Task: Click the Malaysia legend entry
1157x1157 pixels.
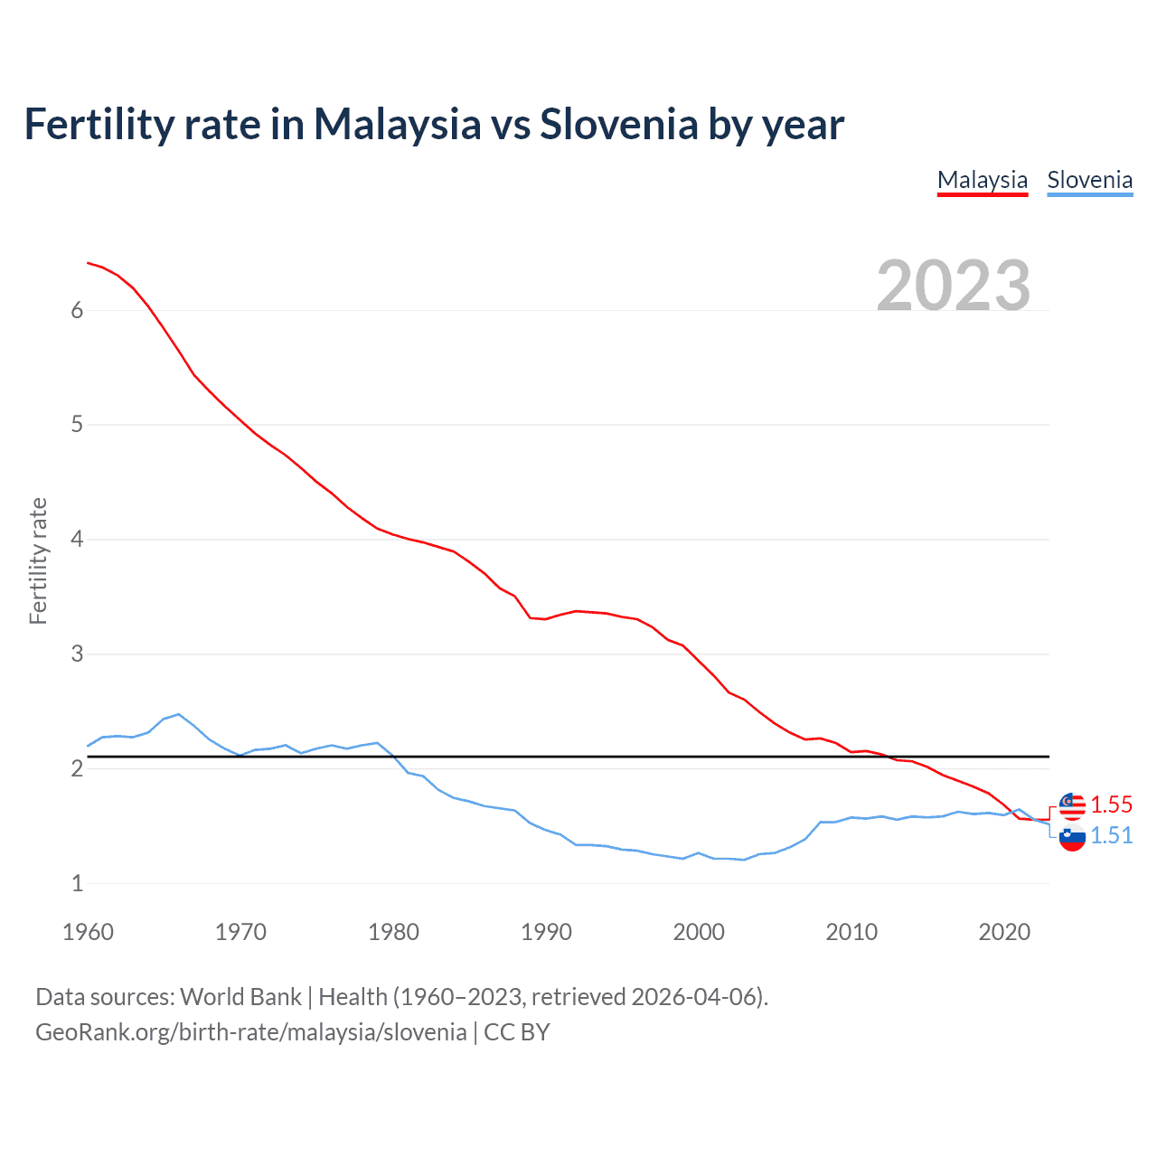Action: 983,180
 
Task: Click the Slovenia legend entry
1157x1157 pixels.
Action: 1089,180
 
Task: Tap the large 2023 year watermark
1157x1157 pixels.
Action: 954,286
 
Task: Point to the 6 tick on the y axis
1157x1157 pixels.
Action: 77,311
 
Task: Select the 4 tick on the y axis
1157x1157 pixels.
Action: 77,540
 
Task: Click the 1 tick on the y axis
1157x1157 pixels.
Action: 77,883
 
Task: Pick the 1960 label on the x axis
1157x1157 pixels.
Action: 88,932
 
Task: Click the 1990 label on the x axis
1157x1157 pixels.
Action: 546,932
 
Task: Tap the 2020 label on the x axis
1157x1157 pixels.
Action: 1004,932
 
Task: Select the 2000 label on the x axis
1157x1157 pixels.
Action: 699,932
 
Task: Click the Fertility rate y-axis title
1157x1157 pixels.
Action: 38,560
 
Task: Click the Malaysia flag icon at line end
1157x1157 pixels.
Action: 1072,805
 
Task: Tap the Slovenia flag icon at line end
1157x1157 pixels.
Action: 1072,837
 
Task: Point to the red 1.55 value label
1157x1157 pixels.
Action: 1111,804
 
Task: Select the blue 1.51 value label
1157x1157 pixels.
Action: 1111,836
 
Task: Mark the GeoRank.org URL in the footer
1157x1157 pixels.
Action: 250,1032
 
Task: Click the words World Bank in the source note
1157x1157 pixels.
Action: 240,997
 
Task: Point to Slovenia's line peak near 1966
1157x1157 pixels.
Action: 178,714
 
